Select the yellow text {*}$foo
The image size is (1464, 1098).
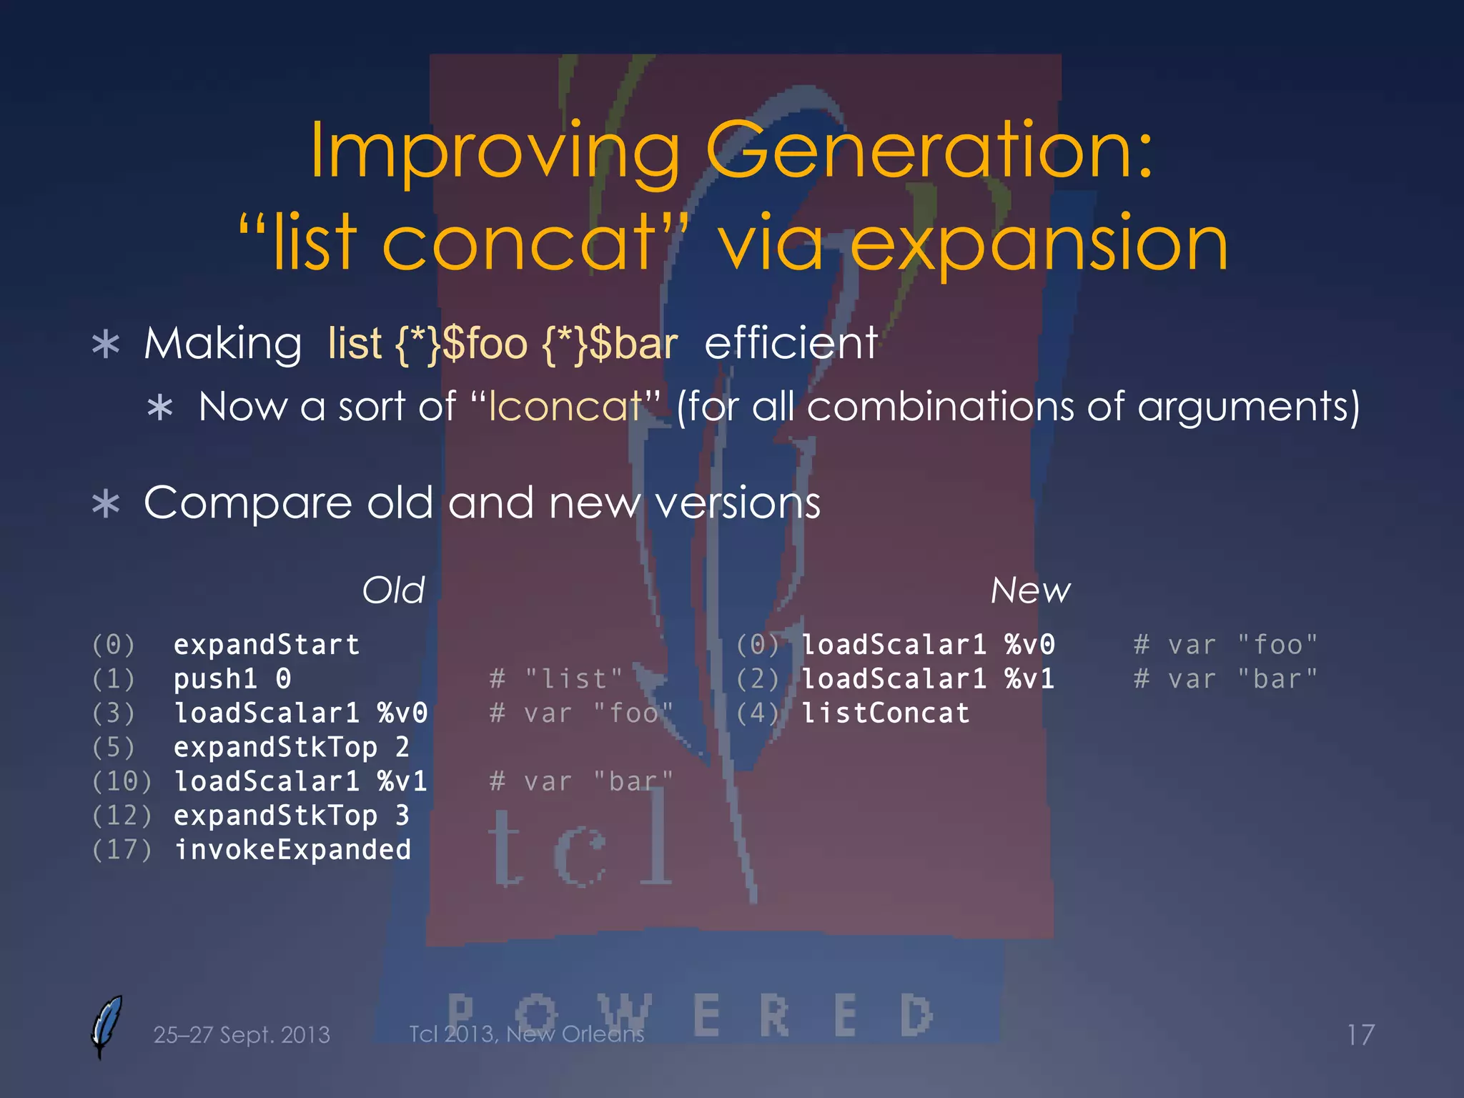click(461, 344)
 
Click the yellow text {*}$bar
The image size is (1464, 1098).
click(610, 344)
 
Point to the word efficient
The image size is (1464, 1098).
click(791, 342)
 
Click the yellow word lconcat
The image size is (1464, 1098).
click(565, 407)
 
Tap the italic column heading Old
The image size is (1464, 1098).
click(393, 590)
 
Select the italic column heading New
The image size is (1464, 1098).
click(1030, 590)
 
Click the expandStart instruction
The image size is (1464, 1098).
click(266, 645)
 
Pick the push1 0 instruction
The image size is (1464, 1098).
click(232, 679)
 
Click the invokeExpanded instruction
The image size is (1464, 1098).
click(292, 850)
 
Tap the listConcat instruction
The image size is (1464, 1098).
click(885, 713)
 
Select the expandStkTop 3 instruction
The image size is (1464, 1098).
click(291, 816)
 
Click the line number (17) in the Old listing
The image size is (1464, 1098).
click(122, 850)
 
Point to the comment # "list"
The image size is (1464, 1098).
click(556, 679)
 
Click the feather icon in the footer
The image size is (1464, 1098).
click(107, 1025)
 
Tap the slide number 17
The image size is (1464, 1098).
click(1360, 1035)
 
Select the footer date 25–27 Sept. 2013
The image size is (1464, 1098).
click(242, 1035)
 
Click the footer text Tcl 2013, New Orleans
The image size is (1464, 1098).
click(526, 1034)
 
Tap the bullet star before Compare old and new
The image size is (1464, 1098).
click(106, 504)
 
